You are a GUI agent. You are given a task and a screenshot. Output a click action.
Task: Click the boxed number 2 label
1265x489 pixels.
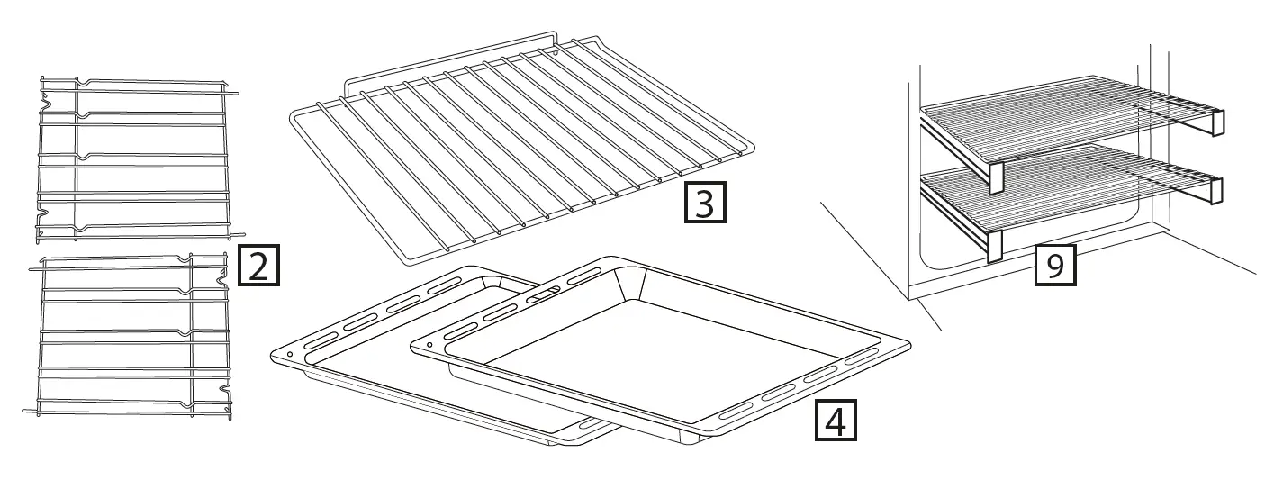click(258, 265)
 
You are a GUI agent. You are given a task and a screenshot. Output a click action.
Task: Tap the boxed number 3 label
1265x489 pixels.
click(705, 202)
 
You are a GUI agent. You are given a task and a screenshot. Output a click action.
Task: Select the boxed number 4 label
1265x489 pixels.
click(836, 420)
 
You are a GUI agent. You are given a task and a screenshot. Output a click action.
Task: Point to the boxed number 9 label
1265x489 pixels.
click(1055, 265)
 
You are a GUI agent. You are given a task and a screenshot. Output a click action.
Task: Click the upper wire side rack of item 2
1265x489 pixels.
click(136, 159)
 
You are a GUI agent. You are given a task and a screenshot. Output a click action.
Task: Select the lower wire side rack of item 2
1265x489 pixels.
click(129, 336)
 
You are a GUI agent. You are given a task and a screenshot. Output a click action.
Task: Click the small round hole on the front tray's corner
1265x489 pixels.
click(429, 344)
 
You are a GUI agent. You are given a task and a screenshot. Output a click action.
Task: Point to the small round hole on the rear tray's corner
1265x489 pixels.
click(290, 355)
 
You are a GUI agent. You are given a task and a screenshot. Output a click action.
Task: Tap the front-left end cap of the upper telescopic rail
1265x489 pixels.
click(996, 178)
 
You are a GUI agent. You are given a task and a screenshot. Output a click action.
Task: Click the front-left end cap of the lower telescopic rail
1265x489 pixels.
click(995, 246)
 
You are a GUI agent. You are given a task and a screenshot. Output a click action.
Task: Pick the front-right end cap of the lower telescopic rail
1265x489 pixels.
click(1216, 190)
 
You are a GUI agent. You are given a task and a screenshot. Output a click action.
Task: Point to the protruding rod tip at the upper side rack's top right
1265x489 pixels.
click(235, 93)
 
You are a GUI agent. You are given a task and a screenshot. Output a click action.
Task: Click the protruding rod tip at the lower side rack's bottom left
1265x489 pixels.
click(26, 411)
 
